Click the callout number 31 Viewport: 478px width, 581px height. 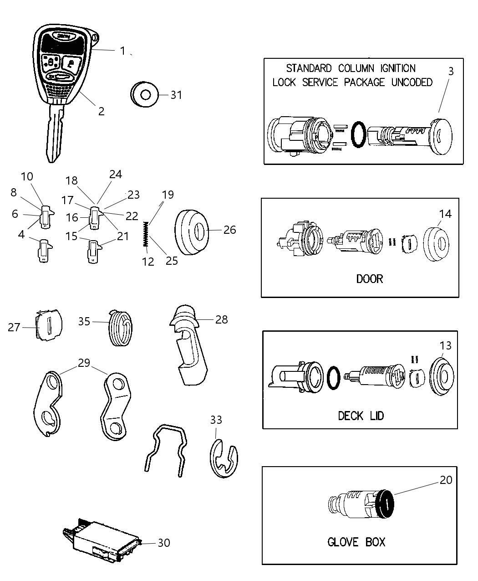click(x=176, y=95)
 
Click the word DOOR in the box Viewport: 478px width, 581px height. click(x=369, y=278)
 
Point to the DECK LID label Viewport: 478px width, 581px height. click(x=361, y=415)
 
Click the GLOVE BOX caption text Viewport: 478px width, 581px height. click(x=356, y=542)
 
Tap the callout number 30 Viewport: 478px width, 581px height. click(x=164, y=543)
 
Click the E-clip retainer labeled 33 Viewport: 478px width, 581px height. click(x=224, y=458)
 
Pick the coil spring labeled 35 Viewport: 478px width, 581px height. click(x=121, y=327)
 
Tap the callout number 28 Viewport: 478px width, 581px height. click(x=221, y=319)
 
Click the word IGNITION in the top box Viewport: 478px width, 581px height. click(x=392, y=68)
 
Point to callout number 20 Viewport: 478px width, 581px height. click(x=446, y=480)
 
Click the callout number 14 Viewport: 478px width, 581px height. click(x=445, y=214)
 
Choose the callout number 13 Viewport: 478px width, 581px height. click(x=445, y=346)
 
